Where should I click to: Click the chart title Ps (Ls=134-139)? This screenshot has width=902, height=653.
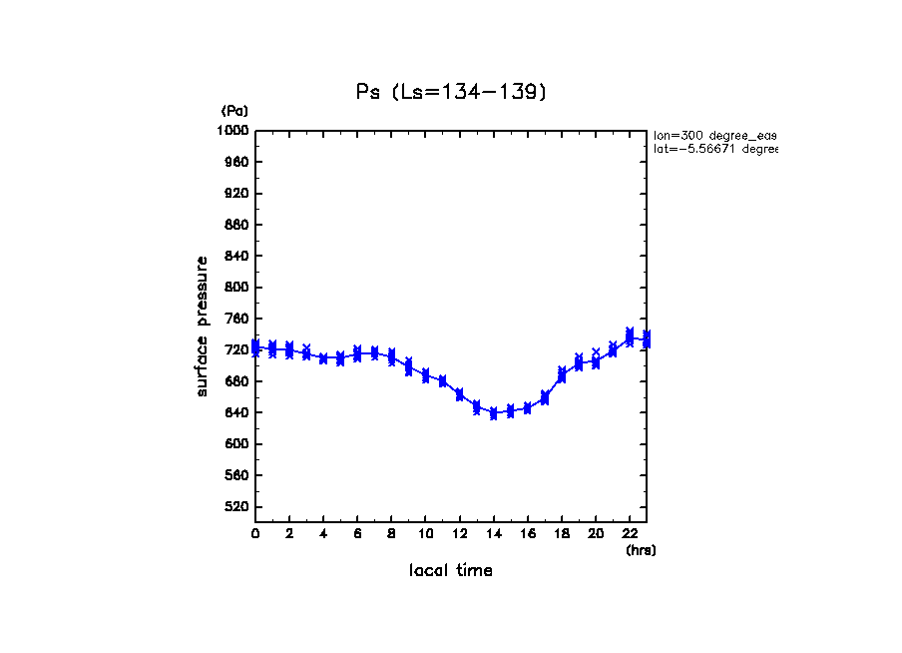coord(451,92)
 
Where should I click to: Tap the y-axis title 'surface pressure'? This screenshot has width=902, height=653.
coord(203,326)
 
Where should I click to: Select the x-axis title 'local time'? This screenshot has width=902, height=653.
coord(450,571)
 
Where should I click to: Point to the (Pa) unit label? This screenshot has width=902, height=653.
coord(234,111)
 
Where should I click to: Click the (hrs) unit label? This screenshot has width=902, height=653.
coord(641,550)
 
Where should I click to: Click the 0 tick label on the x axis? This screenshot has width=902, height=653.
coord(255,534)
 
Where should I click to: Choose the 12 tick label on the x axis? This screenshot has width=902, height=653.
coord(459,534)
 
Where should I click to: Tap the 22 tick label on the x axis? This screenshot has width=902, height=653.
coord(630,534)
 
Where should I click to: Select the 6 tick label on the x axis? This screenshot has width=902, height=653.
coord(357,534)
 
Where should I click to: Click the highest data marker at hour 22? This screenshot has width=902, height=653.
coord(630,332)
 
